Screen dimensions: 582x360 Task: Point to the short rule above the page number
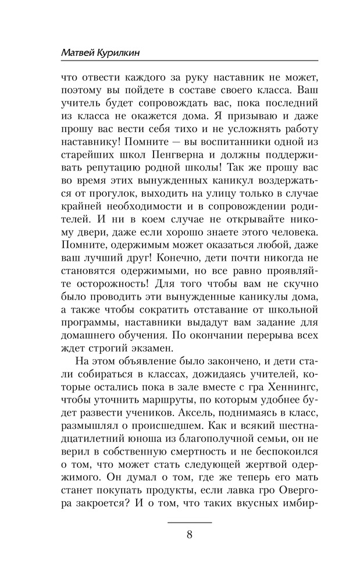190,523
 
